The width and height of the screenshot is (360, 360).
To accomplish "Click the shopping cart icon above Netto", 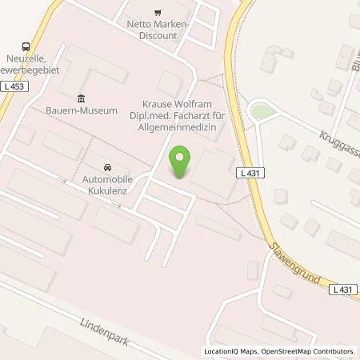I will [x=158, y=12].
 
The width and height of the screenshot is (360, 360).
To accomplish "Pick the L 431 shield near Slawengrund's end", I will [x=342, y=289].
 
